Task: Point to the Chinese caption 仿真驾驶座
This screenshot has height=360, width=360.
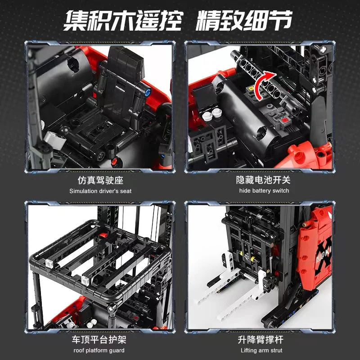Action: pyautogui.click(x=100, y=180)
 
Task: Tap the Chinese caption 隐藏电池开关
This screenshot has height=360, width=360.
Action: pyautogui.click(x=263, y=180)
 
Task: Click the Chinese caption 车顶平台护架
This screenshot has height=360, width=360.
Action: pyautogui.click(x=100, y=339)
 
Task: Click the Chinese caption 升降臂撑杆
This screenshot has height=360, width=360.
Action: pyautogui.click(x=263, y=339)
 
